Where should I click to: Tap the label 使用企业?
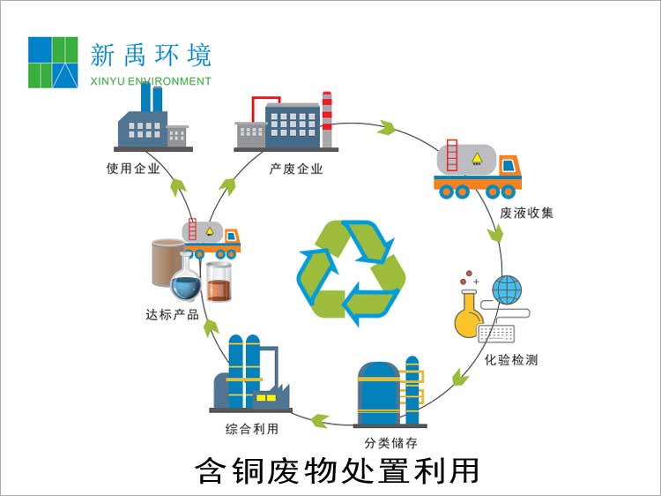point(133,168)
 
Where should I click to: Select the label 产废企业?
point(296,168)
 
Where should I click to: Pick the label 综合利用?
point(252,429)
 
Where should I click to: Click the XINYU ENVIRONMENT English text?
point(151,81)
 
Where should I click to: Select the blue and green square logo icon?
point(54,62)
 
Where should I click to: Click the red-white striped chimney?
point(327,119)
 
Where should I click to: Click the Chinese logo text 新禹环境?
point(151,56)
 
